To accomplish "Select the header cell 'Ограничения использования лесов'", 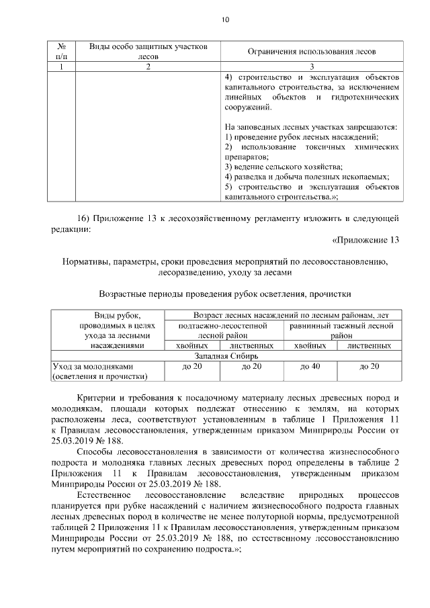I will [312, 52].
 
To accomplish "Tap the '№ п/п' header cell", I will [60, 52].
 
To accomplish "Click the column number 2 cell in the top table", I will [147, 67].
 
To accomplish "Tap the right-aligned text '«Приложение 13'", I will [366, 240].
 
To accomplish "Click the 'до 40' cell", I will [310, 366].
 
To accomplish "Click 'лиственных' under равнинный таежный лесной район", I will [370, 345].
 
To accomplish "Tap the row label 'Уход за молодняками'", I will [94, 366].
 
